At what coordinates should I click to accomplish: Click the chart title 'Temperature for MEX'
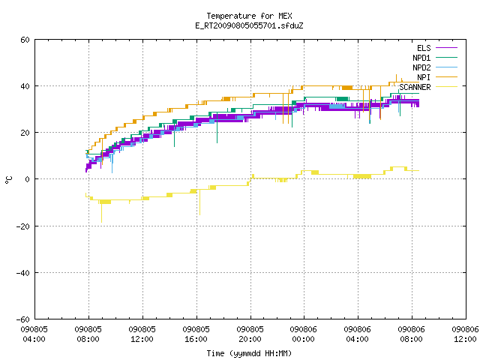[249, 16]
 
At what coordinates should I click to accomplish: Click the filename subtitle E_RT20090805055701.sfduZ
[249, 25]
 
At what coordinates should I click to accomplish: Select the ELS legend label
[424, 48]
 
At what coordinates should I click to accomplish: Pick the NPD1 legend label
[421, 58]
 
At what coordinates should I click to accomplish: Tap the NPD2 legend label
[421, 67]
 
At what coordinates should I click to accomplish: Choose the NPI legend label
[424, 77]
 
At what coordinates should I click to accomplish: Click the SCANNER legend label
[415, 87]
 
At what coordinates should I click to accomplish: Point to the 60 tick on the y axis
[25, 40]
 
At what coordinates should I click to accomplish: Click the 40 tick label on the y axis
[25, 86]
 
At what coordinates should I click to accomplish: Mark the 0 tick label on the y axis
[28, 179]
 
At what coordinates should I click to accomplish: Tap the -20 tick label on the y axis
[23, 226]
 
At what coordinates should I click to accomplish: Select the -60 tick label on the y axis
[23, 319]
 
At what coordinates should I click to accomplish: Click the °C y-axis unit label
[8, 180]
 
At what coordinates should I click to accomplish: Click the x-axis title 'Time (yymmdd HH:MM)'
[249, 353]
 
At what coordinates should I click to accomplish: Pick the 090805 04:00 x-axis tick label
[34, 334]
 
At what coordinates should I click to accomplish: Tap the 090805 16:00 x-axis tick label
[196, 334]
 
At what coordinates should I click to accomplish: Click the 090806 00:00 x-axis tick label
[303, 334]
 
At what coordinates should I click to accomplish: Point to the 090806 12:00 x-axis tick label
[465, 334]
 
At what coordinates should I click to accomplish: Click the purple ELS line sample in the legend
[446, 48]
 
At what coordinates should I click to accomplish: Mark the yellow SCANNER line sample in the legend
[446, 87]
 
